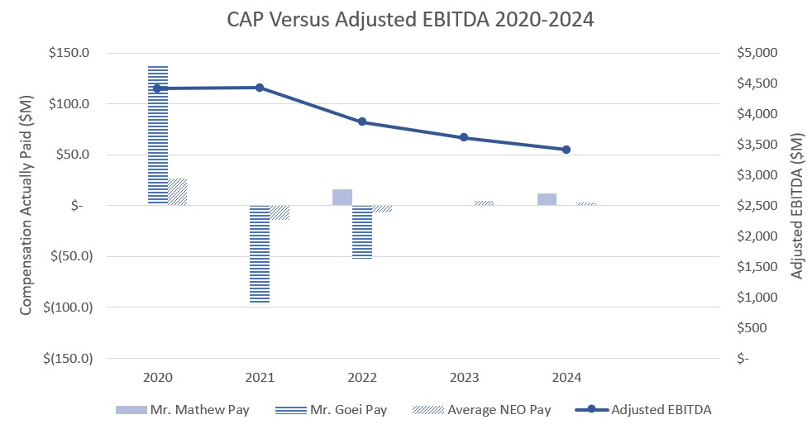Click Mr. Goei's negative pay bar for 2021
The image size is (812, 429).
(260, 254)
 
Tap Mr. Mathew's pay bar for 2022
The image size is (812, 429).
(342, 197)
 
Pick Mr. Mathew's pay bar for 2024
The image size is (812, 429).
(547, 199)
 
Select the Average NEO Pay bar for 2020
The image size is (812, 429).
(178, 192)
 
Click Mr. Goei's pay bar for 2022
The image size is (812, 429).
(362, 232)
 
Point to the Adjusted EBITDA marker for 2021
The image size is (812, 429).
(260, 88)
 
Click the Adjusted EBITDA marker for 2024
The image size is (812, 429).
(566, 150)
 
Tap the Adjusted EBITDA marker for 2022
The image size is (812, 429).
(362, 122)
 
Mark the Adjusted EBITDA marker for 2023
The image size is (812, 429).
(464, 137)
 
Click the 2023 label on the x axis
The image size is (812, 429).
(464, 378)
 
